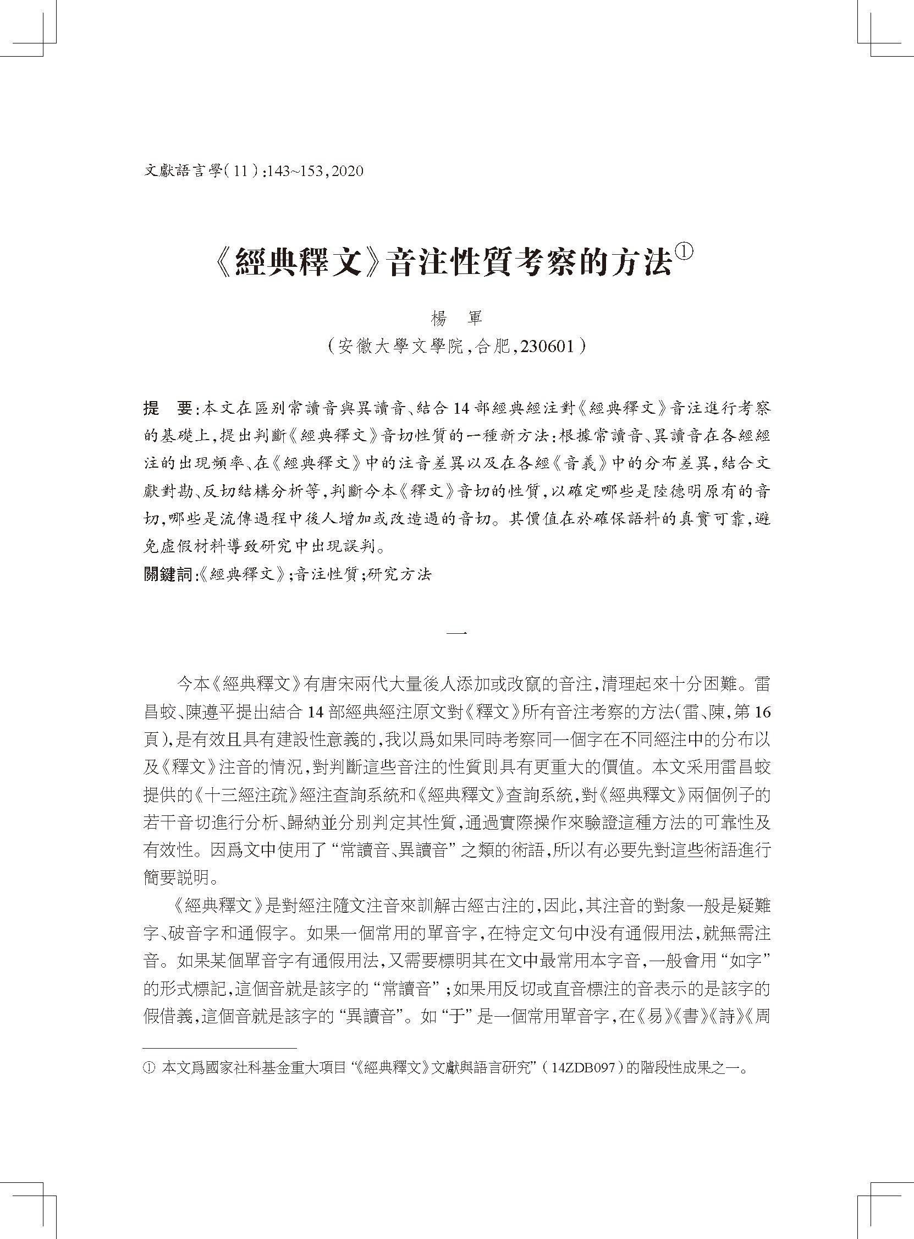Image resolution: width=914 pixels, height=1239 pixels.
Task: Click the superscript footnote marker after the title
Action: (x=684, y=252)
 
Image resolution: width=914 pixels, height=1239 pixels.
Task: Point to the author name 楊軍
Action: (x=456, y=319)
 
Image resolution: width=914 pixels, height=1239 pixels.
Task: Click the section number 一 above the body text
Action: (x=456, y=632)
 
